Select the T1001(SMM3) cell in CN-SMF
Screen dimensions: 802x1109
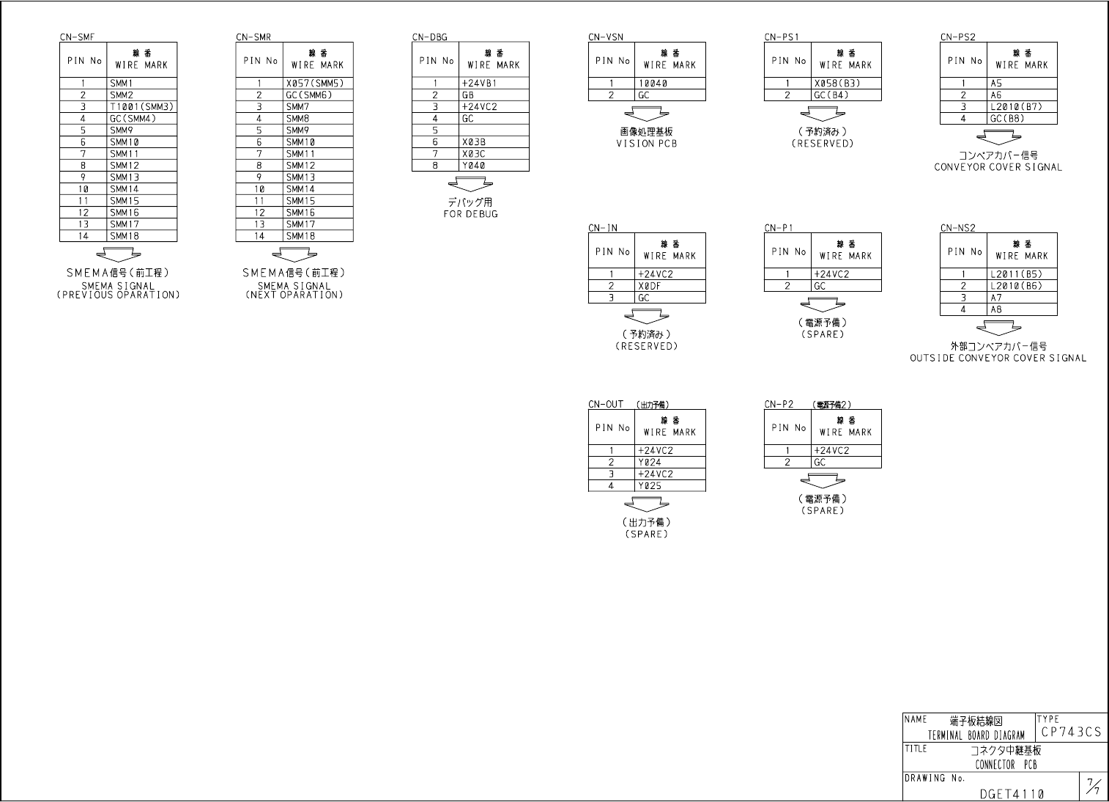pos(142,107)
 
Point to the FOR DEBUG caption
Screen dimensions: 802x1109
pos(470,214)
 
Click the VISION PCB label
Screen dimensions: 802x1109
pos(646,144)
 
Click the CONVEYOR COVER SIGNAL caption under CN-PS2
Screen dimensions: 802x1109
pos(998,167)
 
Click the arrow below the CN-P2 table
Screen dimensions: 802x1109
pos(823,481)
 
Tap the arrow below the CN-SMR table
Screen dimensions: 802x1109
pos(294,255)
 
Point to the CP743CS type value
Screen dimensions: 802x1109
pos(1071,732)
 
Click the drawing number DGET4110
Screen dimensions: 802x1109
pos(1012,794)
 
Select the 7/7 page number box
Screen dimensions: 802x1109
pos(1093,787)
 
